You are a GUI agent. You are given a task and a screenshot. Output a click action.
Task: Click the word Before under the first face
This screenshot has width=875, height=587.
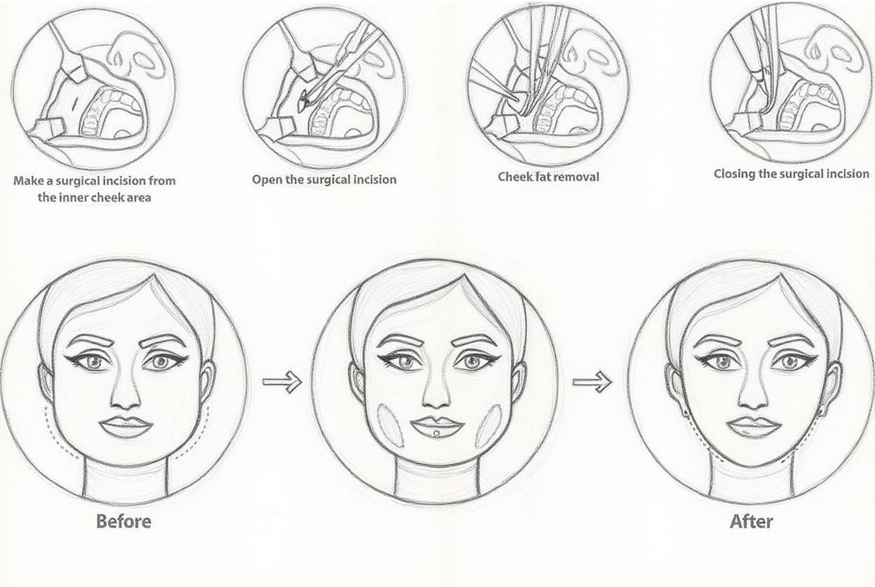click(124, 521)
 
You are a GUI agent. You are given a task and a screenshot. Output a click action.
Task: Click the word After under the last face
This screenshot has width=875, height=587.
click(751, 522)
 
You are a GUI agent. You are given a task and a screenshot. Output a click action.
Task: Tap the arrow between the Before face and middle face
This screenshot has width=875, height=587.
click(282, 382)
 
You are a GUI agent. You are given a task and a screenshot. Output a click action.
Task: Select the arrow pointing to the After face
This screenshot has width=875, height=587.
click(592, 382)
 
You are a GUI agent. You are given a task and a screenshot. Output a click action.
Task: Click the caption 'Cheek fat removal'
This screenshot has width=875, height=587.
click(548, 177)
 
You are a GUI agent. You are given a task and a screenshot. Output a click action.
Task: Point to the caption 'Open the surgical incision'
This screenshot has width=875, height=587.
click(324, 179)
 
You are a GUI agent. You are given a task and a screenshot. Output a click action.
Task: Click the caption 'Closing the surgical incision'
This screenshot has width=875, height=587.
click(792, 173)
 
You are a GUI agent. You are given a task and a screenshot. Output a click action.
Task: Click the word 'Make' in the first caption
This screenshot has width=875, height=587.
click(29, 180)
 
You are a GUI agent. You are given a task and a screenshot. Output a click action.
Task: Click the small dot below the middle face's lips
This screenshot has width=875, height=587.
click(436, 432)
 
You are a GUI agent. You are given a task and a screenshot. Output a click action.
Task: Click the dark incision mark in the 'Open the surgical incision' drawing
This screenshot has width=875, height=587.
click(303, 103)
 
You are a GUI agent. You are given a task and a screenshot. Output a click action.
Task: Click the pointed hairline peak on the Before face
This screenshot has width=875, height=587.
click(153, 275)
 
